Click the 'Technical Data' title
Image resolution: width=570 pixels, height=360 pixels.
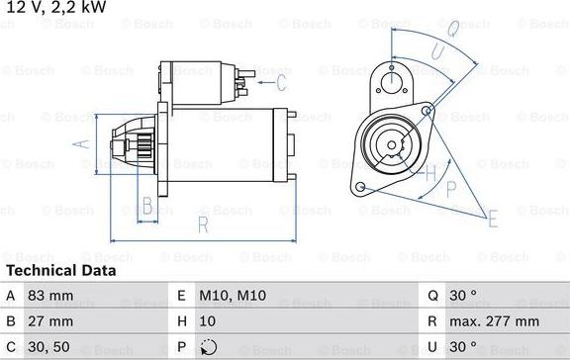[x=61, y=270]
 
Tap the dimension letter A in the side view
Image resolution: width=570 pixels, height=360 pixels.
[x=84, y=144]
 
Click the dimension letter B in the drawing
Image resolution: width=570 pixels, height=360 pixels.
[x=147, y=207]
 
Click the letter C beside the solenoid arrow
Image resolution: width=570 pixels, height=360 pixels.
[x=281, y=81]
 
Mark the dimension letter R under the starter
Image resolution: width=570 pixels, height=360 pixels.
[x=202, y=225]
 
